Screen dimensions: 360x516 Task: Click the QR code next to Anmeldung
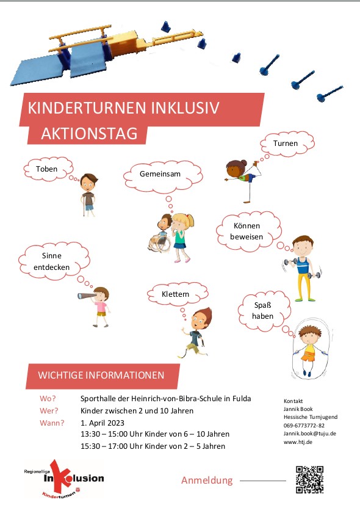point(309,479)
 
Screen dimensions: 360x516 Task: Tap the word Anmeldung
point(207,481)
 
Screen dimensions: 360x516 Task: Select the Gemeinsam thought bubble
point(160,174)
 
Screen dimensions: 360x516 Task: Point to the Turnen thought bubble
point(286,145)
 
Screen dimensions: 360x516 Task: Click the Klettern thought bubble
point(175,294)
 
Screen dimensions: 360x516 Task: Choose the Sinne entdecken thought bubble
point(56,262)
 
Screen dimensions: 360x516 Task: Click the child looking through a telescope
point(98,305)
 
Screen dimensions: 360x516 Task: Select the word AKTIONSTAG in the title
point(89,134)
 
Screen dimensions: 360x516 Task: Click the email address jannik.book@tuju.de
point(310,434)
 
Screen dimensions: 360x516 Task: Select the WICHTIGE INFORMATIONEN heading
point(101,375)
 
